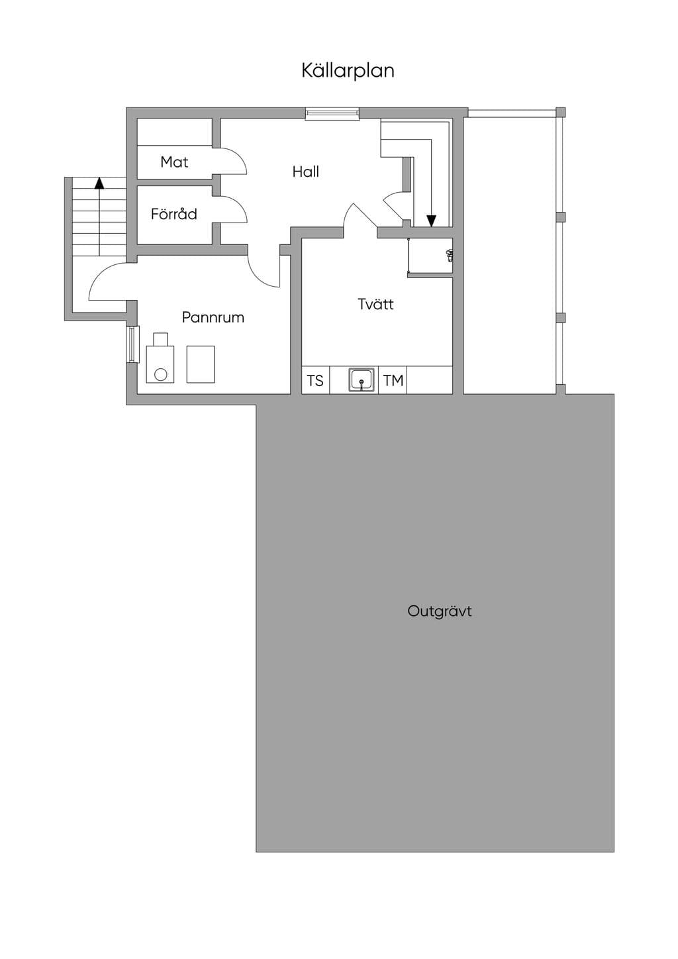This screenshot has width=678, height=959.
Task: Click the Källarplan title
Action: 348,71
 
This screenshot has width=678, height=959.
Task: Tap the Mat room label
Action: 174,162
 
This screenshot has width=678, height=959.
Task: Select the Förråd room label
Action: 173,214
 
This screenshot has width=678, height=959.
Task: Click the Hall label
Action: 306,172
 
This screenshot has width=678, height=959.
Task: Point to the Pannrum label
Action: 213,317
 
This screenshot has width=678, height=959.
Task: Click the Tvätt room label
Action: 375,304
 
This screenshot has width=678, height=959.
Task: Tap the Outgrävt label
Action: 439,611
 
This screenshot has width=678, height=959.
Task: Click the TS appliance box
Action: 315,380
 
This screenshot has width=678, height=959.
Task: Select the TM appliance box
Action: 393,380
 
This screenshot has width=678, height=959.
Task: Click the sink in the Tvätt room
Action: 362,379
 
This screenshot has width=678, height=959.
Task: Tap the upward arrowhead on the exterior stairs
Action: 99,183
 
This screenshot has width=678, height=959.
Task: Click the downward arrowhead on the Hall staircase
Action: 432,221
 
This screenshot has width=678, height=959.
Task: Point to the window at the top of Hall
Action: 332,113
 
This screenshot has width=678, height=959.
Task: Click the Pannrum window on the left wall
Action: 133,344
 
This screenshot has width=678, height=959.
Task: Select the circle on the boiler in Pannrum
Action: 160,375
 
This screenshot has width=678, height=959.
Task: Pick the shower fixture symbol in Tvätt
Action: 449,255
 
